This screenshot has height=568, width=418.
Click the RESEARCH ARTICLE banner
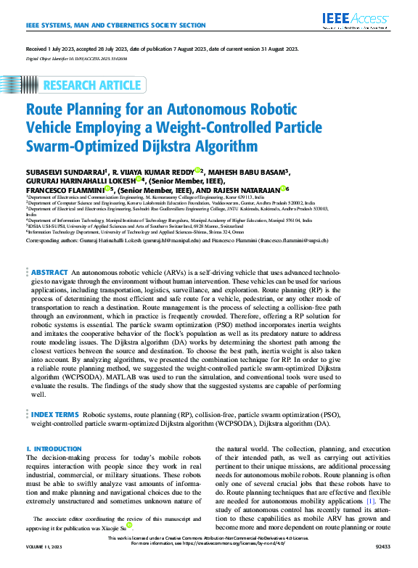click(x=93, y=86)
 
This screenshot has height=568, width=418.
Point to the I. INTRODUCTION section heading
click(x=54, y=450)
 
